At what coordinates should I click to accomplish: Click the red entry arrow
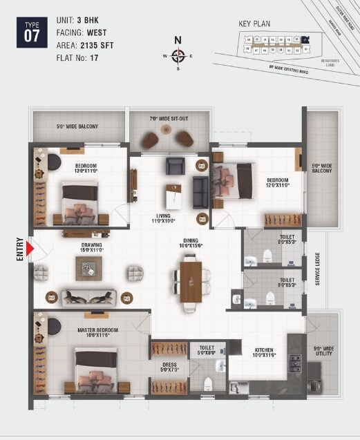pyautogui.click(x=30, y=247)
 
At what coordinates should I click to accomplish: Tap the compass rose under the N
pyautogui.click(x=178, y=55)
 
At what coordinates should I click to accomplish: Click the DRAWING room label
pyautogui.click(x=92, y=247)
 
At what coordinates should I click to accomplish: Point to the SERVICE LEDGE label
pyautogui.click(x=319, y=269)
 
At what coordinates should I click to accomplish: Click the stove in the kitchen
pyautogui.click(x=295, y=361)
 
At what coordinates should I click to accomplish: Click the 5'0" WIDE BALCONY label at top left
pyautogui.click(x=77, y=126)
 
